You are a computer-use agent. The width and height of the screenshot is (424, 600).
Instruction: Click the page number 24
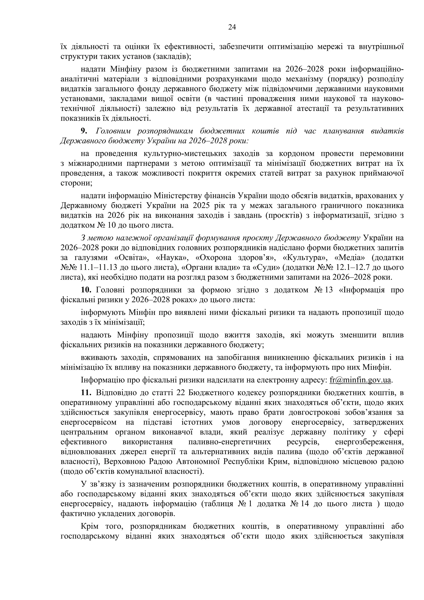[x=232, y=27]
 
